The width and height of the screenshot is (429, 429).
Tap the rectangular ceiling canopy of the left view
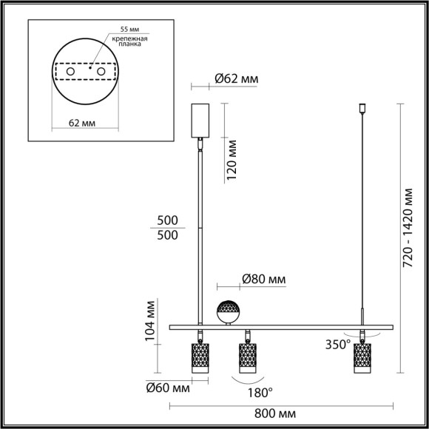pos(200,121)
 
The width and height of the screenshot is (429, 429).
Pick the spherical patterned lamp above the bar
pos(229,312)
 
